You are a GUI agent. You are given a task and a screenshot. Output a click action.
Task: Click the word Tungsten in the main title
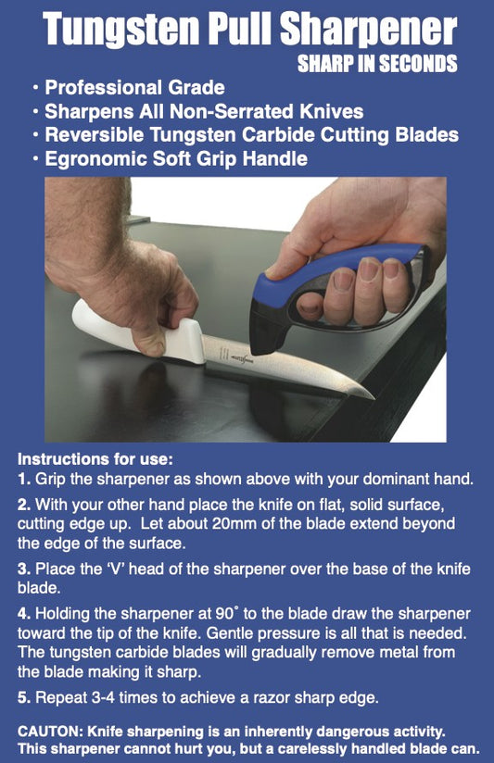point(121,31)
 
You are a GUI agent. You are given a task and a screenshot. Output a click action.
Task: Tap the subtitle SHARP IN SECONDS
point(377,64)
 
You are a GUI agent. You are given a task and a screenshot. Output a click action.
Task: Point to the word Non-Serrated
point(232,111)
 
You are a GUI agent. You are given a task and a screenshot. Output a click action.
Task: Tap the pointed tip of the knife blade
point(372,398)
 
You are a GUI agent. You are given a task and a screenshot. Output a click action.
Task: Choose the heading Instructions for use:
point(95,459)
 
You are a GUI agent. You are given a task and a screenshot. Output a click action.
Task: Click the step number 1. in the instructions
point(24,480)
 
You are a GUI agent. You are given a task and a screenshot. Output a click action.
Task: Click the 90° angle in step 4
point(227,614)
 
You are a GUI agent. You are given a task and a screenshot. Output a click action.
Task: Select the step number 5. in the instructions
point(24,698)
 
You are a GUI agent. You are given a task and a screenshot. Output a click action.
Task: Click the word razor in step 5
point(250,698)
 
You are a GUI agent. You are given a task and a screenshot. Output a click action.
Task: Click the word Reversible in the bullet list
point(94,135)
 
